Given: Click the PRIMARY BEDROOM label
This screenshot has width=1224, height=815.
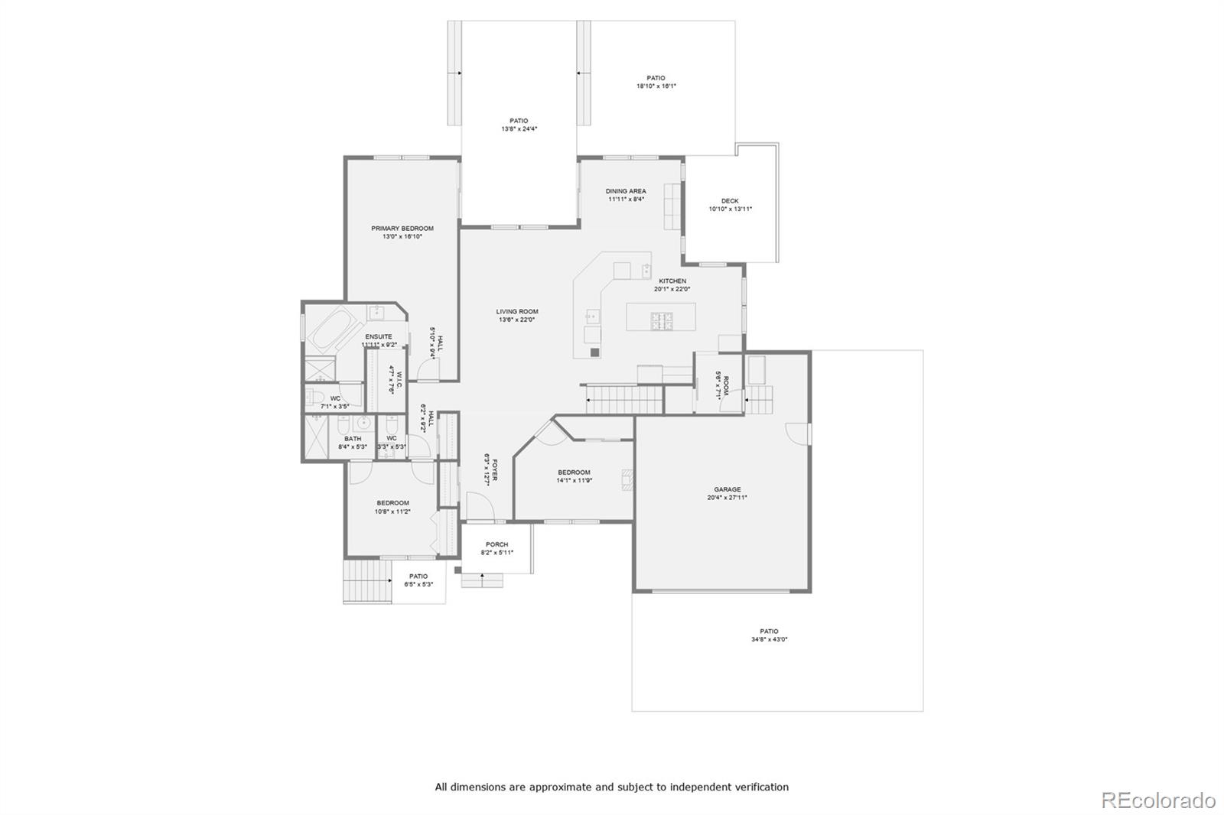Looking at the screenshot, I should point(402,228).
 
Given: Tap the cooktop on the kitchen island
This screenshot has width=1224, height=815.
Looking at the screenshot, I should point(662,320).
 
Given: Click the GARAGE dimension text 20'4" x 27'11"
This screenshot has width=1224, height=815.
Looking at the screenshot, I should point(727,498).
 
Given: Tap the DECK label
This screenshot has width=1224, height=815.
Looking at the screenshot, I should point(730,201).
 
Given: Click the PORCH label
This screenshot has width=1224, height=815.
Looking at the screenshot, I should point(496,544).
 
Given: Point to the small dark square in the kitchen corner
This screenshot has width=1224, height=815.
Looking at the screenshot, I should point(594,353).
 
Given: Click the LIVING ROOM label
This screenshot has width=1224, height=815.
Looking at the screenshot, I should point(517,311).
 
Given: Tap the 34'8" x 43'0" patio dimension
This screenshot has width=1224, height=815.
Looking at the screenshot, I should point(769,640).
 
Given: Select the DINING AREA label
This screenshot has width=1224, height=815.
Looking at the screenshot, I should point(626,191).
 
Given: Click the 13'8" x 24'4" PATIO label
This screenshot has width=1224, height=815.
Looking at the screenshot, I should point(519,121).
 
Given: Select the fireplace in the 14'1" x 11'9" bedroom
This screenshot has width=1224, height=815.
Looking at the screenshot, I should point(627,479).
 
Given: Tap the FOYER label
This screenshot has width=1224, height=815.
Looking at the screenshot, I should point(495,469).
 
